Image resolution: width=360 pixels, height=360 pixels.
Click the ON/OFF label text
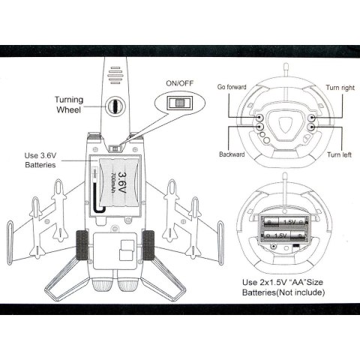[180, 83]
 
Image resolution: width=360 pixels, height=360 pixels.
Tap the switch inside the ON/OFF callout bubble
[180, 103]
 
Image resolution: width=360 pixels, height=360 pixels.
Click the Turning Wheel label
[69, 104]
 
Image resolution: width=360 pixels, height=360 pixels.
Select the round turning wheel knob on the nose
[115, 106]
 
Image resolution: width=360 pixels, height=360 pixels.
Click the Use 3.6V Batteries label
[40, 160]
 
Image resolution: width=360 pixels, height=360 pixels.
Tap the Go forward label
[232, 87]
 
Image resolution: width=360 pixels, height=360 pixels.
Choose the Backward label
[232, 154]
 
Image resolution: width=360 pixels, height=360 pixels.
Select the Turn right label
[340, 88]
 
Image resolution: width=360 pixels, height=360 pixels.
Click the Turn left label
[339, 154]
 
